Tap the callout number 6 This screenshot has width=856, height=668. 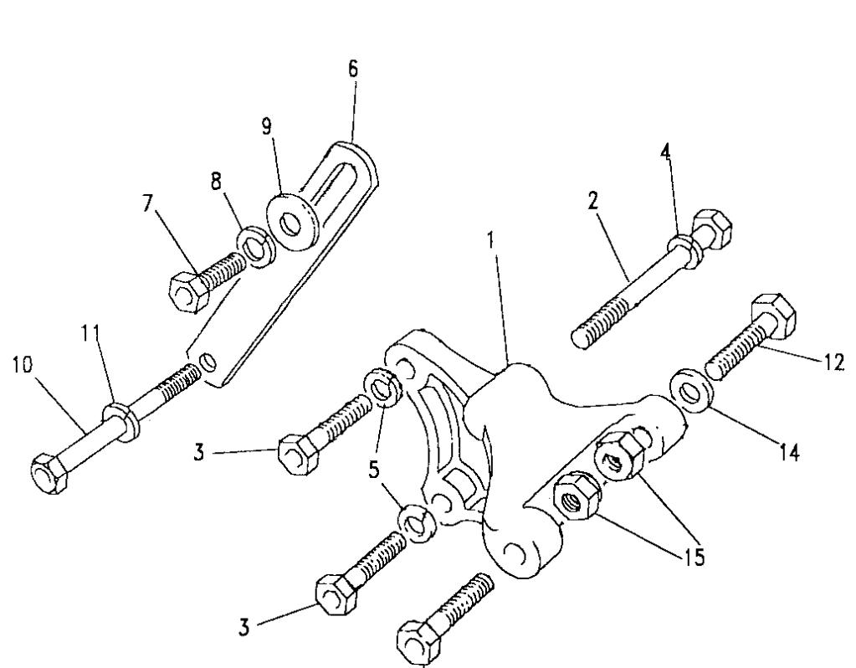[x=353, y=69]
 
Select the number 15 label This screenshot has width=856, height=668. [x=690, y=557]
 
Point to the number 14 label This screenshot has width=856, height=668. [x=786, y=453]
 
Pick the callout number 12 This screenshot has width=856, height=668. [x=833, y=362]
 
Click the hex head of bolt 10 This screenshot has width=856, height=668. [x=46, y=473]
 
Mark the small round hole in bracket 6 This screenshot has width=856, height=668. [x=208, y=362]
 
